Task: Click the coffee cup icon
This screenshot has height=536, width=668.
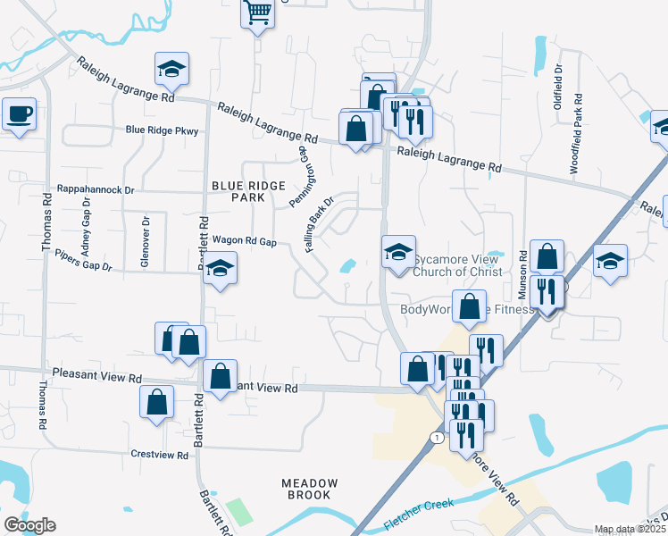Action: (x=19, y=114)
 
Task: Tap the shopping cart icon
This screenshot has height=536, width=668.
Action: (x=258, y=13)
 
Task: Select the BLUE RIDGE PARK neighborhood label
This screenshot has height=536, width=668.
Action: (x=248, y=190)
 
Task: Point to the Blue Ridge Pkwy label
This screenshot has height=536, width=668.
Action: (x=162, y=130)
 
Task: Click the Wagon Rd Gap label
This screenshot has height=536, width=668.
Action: (x=244, y=241)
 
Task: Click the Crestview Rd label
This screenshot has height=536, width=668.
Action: (x=159, y=455)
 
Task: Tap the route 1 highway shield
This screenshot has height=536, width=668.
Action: (x=435, y=438)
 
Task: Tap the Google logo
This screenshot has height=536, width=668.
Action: (x=29, y=525)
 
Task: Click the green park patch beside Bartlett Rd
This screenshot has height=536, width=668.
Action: (x=239, y=512)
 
